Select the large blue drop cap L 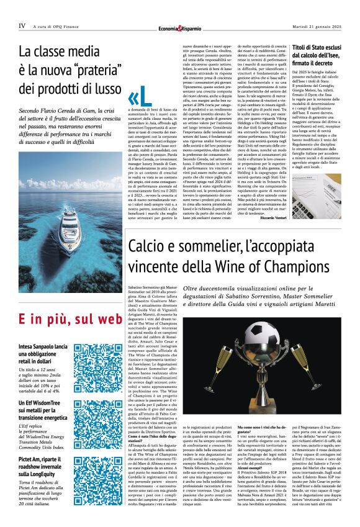pos(138,99)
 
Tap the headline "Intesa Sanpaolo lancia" pos(43,345)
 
